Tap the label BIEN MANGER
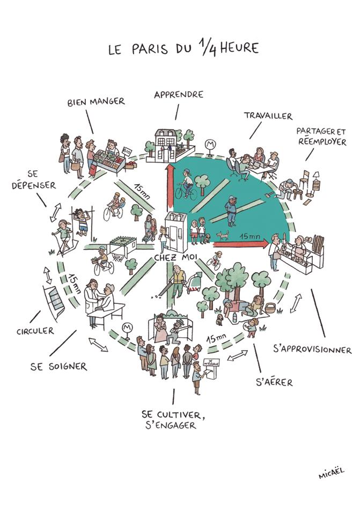pyautogui.click(x=96, y=101)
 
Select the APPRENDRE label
pyautogui.click(x=179, y=94)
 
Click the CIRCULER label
pyautogui.click(x=35, y=331)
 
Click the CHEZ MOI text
pyautogui.click(x=175, y=258)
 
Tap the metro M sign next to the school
pyautogui.click(x=210, y=144)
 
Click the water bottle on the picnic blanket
pyautogui.click(x=234, y=318)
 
